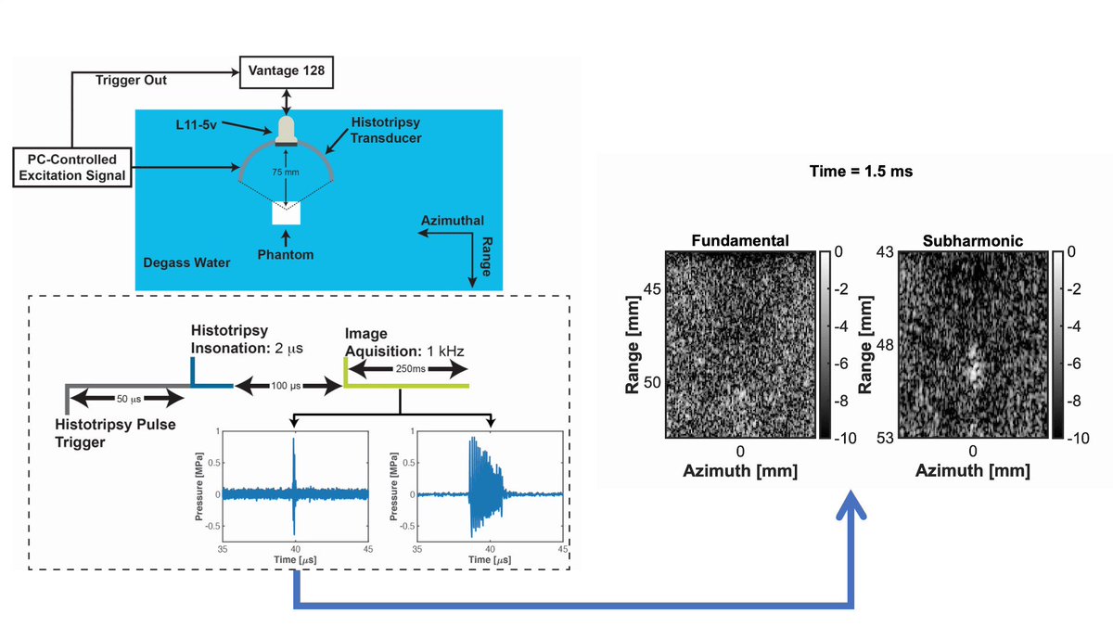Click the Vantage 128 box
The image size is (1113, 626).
click(x=287, y=72)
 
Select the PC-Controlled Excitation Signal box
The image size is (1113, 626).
click(x=72, y=168)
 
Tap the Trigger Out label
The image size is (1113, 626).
click(x=131, y=81)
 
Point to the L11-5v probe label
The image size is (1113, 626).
click(x=197, y=124)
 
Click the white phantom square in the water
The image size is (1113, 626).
click(x=287, y=213)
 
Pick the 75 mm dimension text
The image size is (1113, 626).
click(x=286, y=172)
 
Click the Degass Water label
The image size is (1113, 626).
click(x=186, y=262)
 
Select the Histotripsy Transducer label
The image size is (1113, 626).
click(x=386, y=130)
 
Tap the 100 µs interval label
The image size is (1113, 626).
click(x=286, y=386)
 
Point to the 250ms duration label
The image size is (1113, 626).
click(x=410, y=369)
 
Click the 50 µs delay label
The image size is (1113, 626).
click(x=129, y=399)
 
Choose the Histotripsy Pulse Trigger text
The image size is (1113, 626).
click(x=115, y=433)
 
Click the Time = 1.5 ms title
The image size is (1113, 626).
click(x=861, y=172)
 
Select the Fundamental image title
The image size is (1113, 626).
click(x=740, y=241)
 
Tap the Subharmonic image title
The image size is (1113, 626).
click(x=973, y=241)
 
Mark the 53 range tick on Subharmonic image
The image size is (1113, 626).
click(x=885, y=438)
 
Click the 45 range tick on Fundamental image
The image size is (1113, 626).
click(x=652, y=289)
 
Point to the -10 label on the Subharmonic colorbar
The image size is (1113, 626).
click(x=1076, y=438)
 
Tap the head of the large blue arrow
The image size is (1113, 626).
click(x=851, y=503)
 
